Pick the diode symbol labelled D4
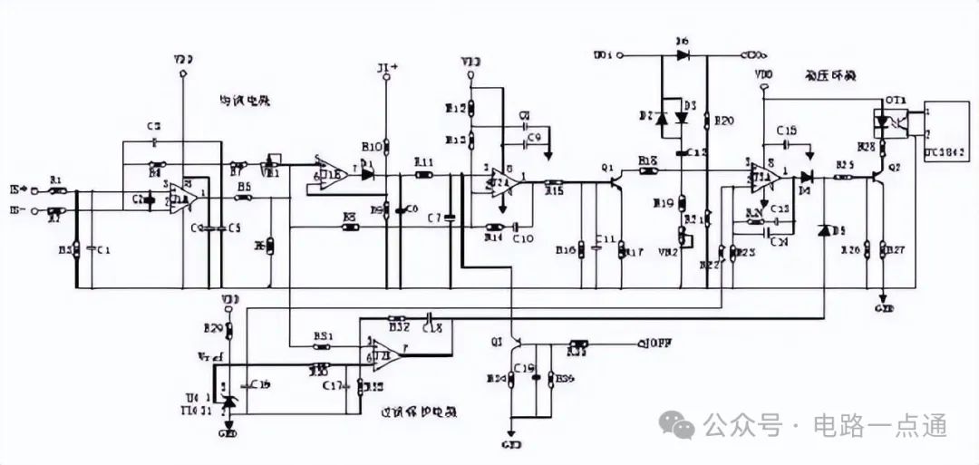coord(805,175)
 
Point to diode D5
coord(823,231)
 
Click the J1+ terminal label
coord(387,68)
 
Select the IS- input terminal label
coord(16,211)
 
